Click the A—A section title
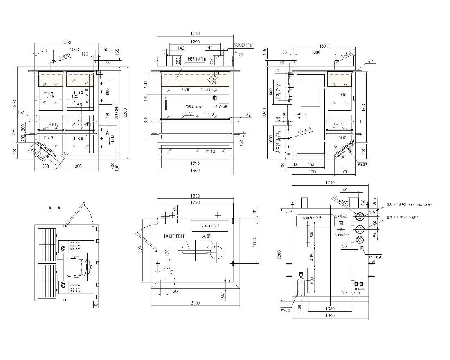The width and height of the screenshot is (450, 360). pyautogui.click(x=54, y=209)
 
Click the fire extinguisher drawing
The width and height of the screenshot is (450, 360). pyautogui.click(x=301, y=283)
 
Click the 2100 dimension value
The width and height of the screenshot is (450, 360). pyautogui.click(x=195, y=303)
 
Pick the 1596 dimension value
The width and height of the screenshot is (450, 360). pyautogui.click(x=195, y=163)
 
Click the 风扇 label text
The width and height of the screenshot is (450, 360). pyautogui.click(x=206, y=236)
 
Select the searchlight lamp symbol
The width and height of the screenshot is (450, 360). pyautogui.click(x=213, y=78)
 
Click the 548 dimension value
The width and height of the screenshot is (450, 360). pyautogui.click(x=51, y=97)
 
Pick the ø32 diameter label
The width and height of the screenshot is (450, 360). pyautogui.click(x=241, y=142)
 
